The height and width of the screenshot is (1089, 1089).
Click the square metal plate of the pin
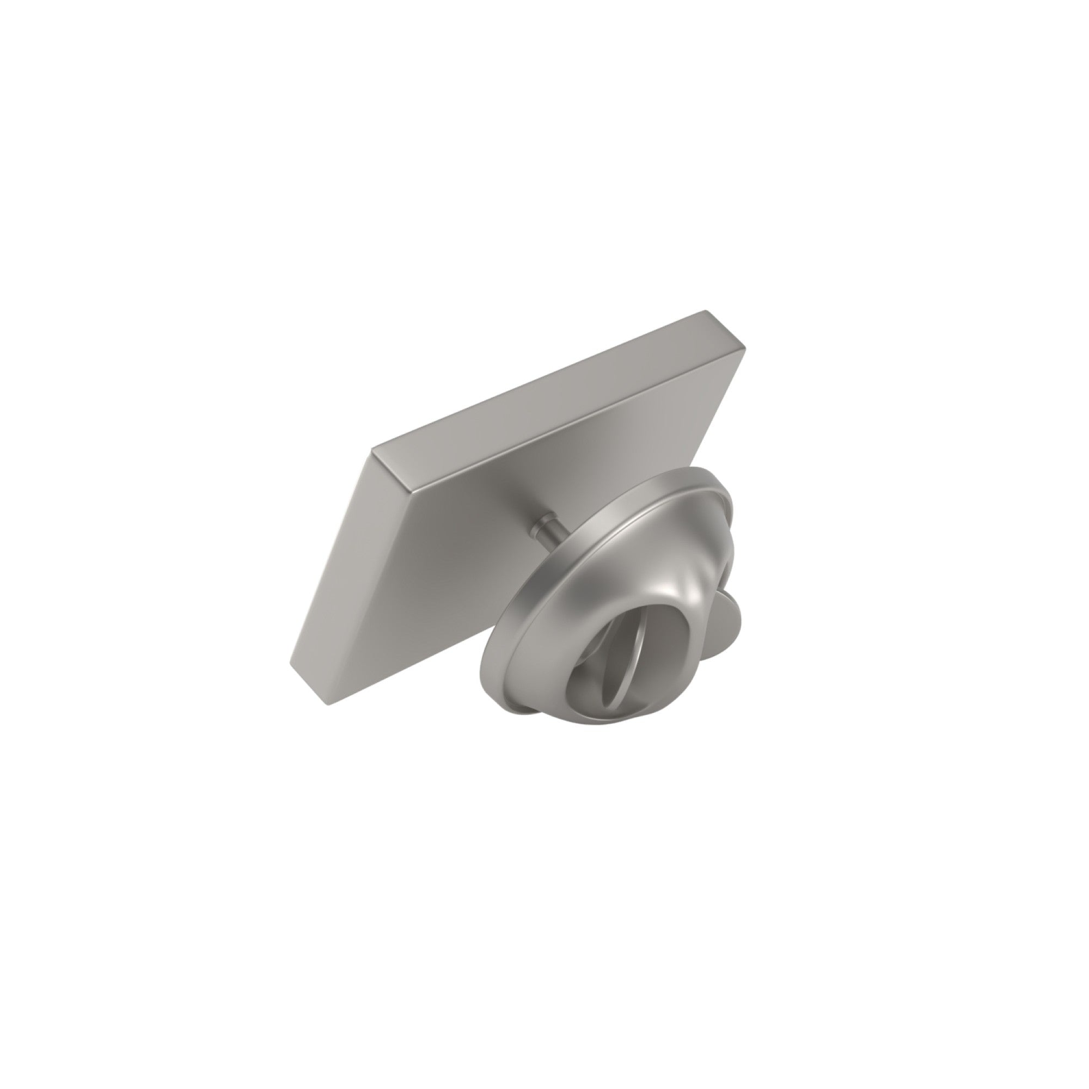[479, 496]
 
